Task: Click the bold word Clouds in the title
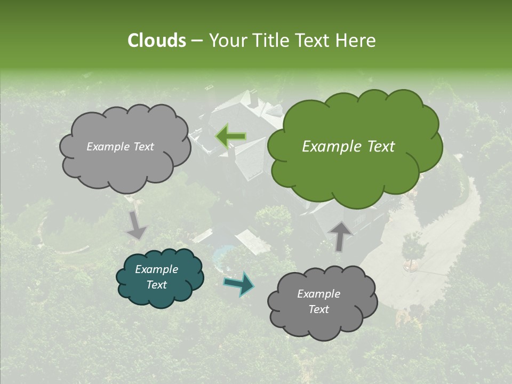pos(156,41)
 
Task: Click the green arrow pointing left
pos(230,137)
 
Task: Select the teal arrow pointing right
pos(239,284)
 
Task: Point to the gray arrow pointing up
pos(340,235)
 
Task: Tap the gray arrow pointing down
pos(137,225)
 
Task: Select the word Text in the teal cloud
pos(157,285)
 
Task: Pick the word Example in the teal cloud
pos(157,269)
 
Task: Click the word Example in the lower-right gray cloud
pos(318,294)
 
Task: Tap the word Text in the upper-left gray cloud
pos(142,147)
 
